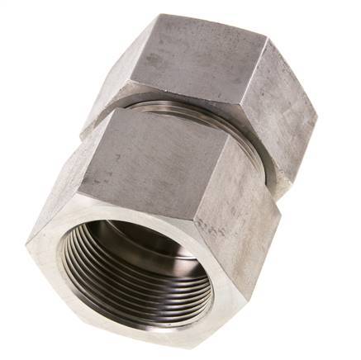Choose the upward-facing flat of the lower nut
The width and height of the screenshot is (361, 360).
pos(149,153)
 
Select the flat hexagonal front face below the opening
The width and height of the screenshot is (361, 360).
pos(124,326)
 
